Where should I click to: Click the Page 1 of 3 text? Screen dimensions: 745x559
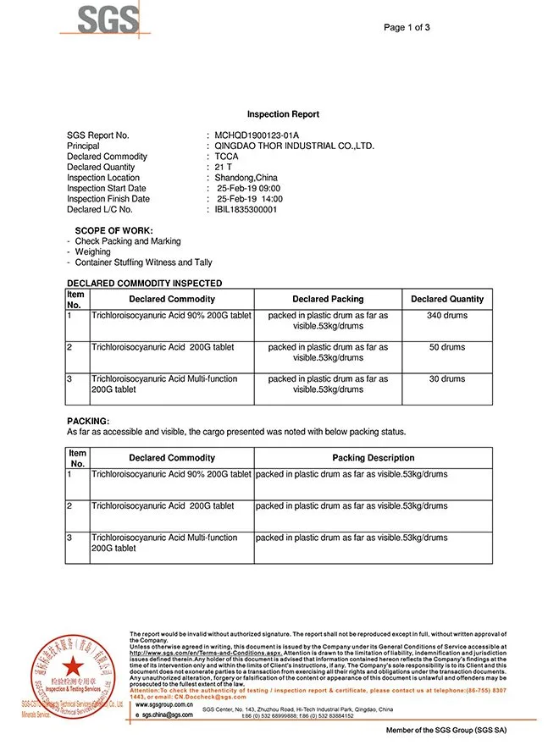pos(407,27)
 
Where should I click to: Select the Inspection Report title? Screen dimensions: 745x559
pos(283,113)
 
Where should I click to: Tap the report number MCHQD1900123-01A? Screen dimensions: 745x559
pos(257,135)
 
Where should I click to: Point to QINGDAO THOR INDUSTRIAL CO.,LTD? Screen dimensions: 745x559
pos(295,146)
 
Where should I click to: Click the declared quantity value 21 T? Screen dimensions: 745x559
pos(224,167)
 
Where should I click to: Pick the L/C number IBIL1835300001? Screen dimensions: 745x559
pos(246,209)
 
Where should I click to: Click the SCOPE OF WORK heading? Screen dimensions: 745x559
pos(113,230)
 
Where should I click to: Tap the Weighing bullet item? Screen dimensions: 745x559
pos(92,251)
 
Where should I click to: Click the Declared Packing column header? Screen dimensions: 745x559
pos(328,299)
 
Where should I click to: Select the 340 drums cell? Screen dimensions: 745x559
pos(447,315)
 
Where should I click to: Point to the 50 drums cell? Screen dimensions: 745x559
pos(447,347)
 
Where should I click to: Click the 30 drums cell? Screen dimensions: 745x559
pos(447,378)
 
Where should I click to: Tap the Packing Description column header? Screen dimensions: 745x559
pos(373,458)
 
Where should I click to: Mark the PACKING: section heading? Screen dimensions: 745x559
pos(88,421)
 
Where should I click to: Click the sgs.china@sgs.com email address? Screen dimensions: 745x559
pos(167,715)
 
